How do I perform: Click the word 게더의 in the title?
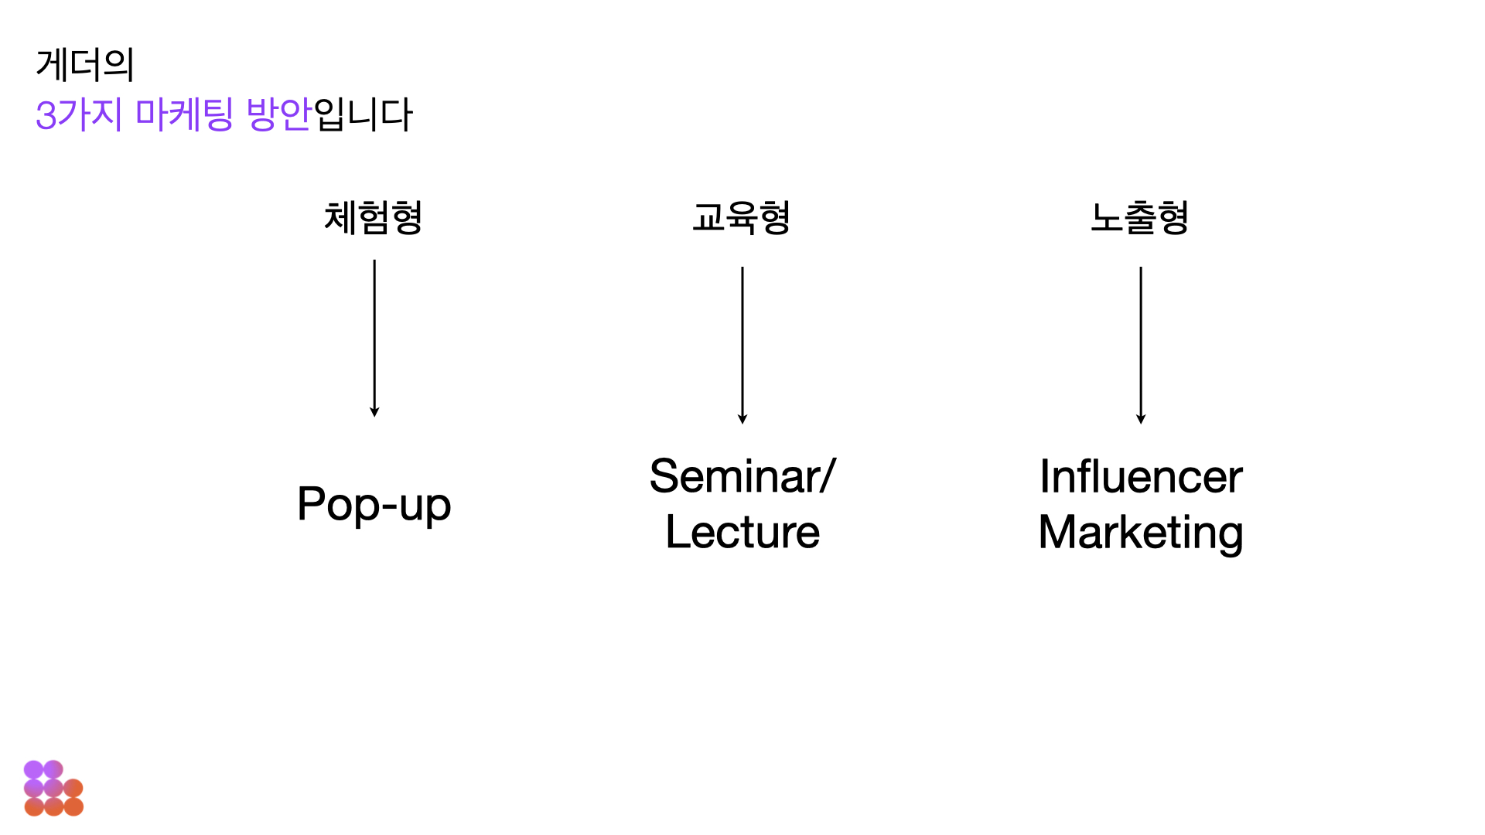pyautogui.click(x=85, y=64)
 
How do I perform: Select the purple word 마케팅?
pyautogui.click(x=184, y=114)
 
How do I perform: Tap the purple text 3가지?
pyautogui.click(x=79, y=114)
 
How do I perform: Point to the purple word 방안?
pyautogui.click(x=278, y=114)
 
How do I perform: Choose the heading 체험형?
pyautogui.click(x=374, y=217)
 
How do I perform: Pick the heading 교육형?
pyautogui.click(x=742, y=217)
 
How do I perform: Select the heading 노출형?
pyautogui.click(x=1140, y=217)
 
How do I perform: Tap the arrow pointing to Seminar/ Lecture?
pyautogui.click(x=742, y=344)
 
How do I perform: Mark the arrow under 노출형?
pyautogui.click(x=1141, y=344)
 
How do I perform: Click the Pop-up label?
pyautogui.click(x=374, y=504)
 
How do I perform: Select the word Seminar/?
pyautogui.click(x=742, y=475)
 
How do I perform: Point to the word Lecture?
pyautogui.click(x=742, y=532)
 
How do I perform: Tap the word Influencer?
pyautogui.click(x=1141, y=476)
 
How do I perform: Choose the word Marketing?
pyautogui.click(x=1141, y=533)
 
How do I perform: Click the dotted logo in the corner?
pyautogui.click(x=53, y=789)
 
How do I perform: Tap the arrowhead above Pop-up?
pyautogui.click(x=374, y=412)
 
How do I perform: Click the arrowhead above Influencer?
pyautogui.click(x=1141, y=419)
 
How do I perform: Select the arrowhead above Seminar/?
pyautogui.click(x=742, y=419)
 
